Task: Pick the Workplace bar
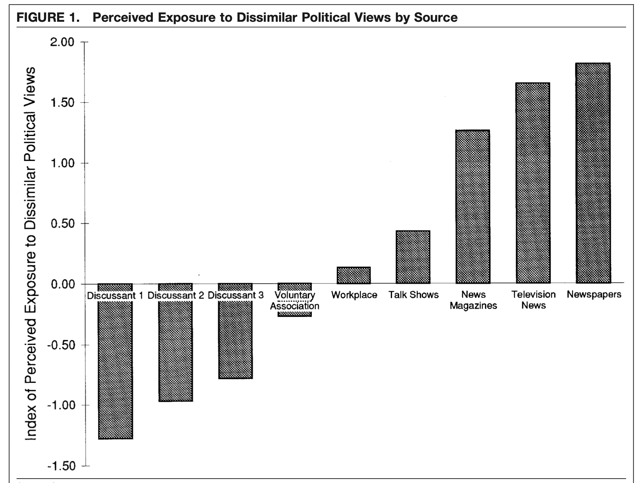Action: [354, 275]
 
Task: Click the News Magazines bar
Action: [473, 207]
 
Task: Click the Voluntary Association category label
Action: [294, 301]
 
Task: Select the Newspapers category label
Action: [594, 294]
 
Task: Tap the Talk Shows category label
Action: [413, 295]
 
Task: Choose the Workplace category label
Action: [354, 295]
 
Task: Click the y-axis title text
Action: [30, 254]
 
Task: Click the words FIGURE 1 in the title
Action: [48, 17]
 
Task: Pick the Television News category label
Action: [533, 300]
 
